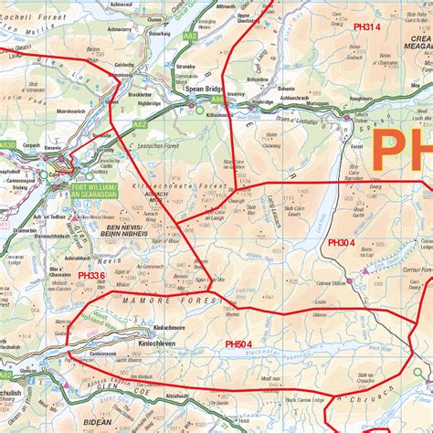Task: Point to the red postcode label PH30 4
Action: pos(348,243)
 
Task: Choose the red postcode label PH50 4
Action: pos(244,343)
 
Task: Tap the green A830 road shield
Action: pos(7,144)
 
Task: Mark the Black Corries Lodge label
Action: pos(304,398)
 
